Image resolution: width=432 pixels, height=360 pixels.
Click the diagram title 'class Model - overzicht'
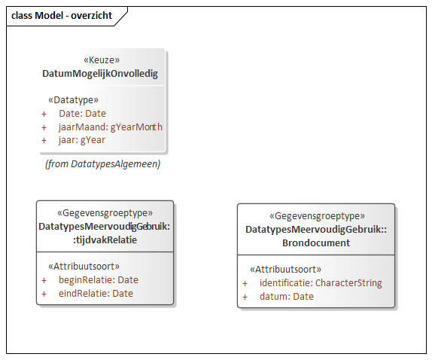pos(62,15)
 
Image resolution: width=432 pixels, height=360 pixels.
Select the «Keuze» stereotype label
pos(102,59)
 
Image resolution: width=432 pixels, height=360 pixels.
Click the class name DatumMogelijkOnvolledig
pos(100,74)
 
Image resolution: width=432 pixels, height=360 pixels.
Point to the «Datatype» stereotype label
pos(73,99)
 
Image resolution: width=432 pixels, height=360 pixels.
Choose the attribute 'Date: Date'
pos(82,113)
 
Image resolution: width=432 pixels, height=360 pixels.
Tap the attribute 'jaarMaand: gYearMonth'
pos(111,127)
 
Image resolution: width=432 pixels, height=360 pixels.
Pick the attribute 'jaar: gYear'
pos(82,140)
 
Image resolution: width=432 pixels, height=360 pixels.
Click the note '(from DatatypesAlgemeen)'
pos(103,163)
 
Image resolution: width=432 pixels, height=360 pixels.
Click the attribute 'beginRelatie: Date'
pos(99,279)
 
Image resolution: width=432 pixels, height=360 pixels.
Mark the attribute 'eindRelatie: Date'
pos(96,293)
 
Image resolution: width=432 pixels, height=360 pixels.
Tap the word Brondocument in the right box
pos(316,243)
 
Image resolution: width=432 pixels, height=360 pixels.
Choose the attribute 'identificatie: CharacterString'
pos(321,283)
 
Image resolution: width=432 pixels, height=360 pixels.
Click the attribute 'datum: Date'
pos(287,296)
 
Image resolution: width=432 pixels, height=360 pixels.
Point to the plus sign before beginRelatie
pos(44,281)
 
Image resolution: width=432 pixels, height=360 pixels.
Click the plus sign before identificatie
pos(245,284)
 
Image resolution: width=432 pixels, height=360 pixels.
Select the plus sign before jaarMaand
pos(44,127)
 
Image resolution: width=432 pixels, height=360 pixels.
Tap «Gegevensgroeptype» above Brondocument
pos(317,216)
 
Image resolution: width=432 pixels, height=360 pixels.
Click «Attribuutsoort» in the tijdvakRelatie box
pos(84,267)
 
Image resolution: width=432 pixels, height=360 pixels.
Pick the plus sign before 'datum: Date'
pos(245,297)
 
